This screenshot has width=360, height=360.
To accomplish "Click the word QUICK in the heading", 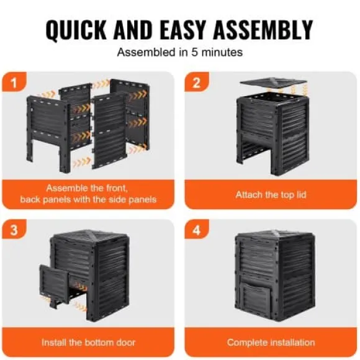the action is pos(76,30).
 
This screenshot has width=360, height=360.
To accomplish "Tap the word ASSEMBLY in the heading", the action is pos(263,29).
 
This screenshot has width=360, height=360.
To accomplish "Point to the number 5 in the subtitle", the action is pos(194,52).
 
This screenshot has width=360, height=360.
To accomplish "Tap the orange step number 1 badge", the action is pos(14,82).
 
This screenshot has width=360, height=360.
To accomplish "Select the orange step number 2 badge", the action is pos(197,82).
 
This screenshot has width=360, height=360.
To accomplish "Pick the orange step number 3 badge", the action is pos(14,229).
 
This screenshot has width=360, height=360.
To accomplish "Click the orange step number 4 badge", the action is pos(197,229).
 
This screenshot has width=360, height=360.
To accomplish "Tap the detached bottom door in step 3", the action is pos(54,284).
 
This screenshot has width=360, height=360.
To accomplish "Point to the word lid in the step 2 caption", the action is pos(301,195).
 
